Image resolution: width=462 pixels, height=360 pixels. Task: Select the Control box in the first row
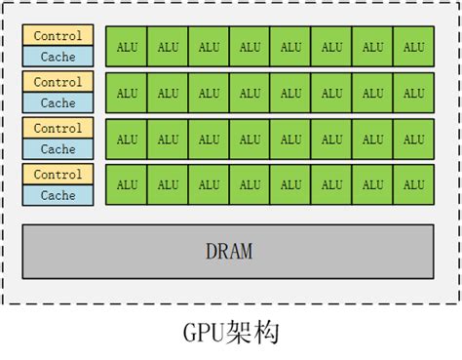pyautogui.click(x=58, y=36)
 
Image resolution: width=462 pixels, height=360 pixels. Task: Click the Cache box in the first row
pyautogui.click(x=58, y=57)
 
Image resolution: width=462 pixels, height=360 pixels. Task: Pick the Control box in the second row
pyautogui.click(x=58, y=83)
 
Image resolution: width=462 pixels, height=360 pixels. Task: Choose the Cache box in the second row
pyautogui.click(x=58, y=102)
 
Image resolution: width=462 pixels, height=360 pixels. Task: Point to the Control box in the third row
pyautogui.click(x=58, y=129)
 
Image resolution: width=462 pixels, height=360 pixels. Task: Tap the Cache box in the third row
pyautogui.click(x=58, y=149)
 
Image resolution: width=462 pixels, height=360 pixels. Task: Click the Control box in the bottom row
pyautogui.click(x=58, y=175)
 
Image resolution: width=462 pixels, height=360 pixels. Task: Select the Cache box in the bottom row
pyautogui.click(x=58, y=195)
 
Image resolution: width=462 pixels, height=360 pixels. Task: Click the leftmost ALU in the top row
pyautogui.click(x=127, y=47)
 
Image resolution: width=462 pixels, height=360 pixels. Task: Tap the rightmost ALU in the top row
pyautogui.click(x=414, y=47)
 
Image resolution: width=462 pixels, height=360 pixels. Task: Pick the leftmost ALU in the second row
pyautogui.click(x=127, y=93)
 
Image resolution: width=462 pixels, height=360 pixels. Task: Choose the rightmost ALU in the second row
pyautogui.click(x=414, y=93)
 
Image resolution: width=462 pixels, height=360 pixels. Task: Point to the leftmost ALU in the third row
pyautogui.click(x=127, y=139)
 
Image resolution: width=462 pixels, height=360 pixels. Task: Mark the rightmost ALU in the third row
pyautogui.click(x=414, y=139)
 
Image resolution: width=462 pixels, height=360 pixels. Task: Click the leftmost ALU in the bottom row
pyautogui.click(x=127, y=184)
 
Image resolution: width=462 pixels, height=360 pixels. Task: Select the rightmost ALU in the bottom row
pyautogui.click(x=414, y=184)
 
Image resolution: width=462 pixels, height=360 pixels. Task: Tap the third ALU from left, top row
pyautogui.click(x=210, y=47)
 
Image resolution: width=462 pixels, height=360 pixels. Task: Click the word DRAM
pyautogui.click(x=229, y=252)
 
